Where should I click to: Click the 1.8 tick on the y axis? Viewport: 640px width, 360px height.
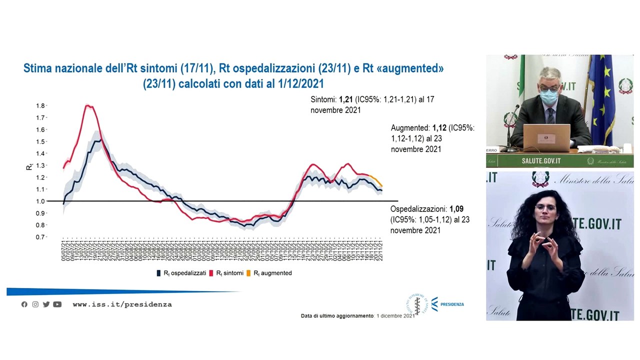tap(40, 106)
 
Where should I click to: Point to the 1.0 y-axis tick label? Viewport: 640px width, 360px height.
tap(40, 201)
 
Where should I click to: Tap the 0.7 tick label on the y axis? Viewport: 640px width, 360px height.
tap(40, 237)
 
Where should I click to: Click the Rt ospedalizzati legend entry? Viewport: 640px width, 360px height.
tap(181, 273)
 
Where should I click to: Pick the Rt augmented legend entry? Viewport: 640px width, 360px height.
tap(272, 273)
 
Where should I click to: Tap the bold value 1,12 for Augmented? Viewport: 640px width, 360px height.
tap(439, 128)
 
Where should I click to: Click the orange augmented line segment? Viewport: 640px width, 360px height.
tap(377, 180)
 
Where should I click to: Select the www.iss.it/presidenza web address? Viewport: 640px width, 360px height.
tap(122, 304)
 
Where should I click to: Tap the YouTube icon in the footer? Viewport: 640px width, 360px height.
tap(57, 304)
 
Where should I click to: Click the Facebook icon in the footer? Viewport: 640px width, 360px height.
tap(24, 304)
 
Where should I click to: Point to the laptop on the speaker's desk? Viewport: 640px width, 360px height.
tap(546, 137)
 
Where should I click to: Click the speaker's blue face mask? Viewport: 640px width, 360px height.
tap(549, 95)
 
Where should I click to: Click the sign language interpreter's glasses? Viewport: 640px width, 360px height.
tap(545, 207)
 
